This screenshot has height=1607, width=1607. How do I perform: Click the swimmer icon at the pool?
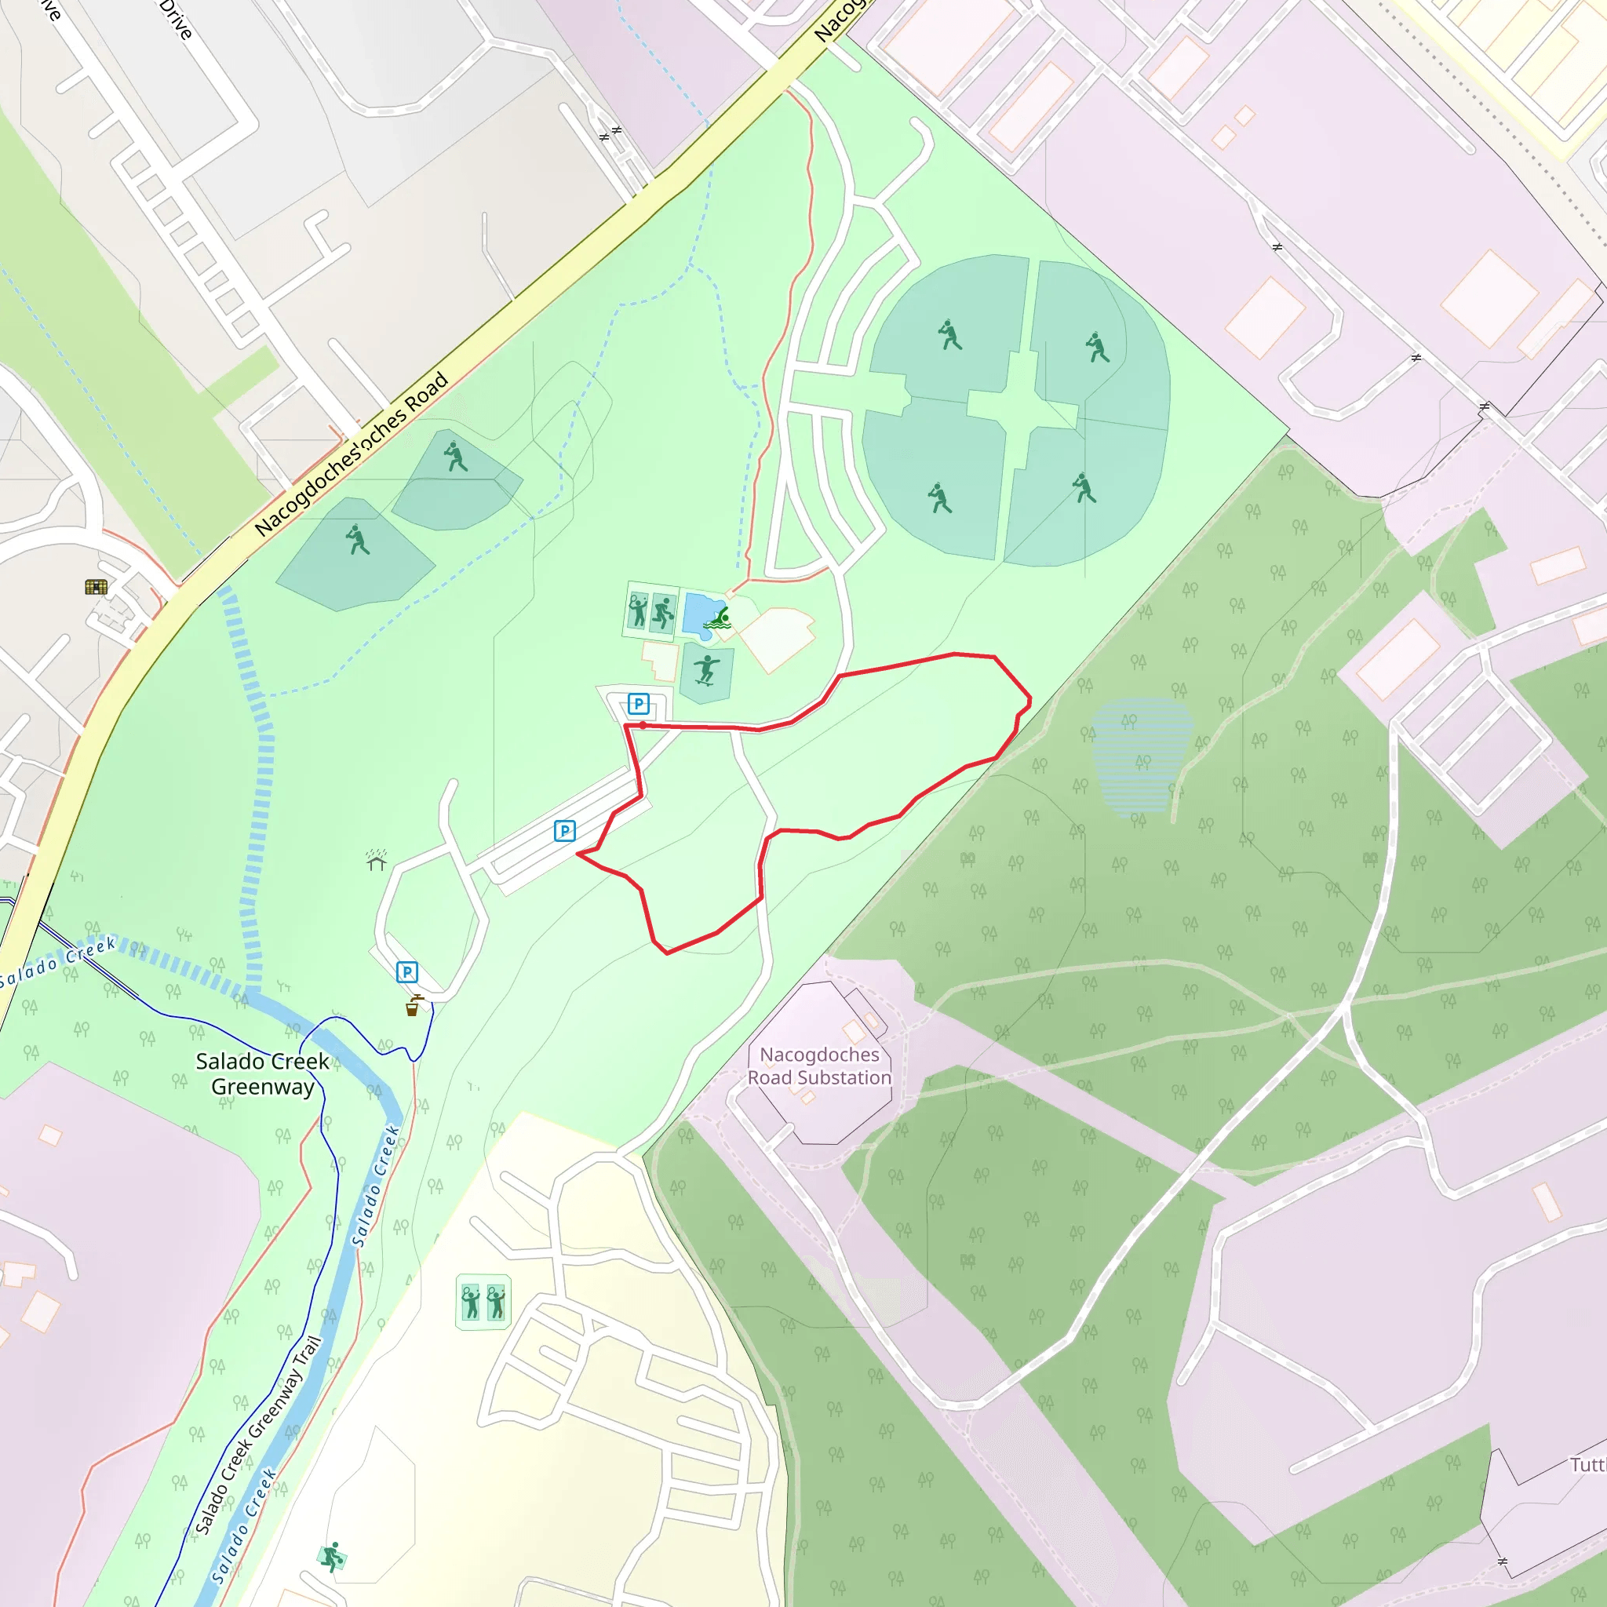(x=717, y=618)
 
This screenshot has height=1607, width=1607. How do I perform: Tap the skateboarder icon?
(x=706, y=669)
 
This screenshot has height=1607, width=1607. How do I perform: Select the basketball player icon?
(x=663, y=613)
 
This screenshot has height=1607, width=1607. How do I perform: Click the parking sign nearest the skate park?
(x=638, y=704)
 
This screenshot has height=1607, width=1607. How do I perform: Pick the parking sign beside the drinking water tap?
(x=406, y=971)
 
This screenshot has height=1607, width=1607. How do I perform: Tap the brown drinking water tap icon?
(x=413, y=1006)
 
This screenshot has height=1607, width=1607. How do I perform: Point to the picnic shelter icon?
(x=377, y=860)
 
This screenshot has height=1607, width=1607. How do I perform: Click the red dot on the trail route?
(x=643, y=725)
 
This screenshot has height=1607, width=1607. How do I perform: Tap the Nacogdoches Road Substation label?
(x=819, y=1066)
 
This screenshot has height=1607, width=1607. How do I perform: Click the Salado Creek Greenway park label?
(x=263, y=1074)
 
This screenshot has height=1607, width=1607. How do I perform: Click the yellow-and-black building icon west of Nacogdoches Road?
(x=97, y=587)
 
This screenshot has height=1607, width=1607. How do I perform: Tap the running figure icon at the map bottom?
(x=332, y=1556)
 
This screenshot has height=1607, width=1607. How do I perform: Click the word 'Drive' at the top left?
(x=177, y=18)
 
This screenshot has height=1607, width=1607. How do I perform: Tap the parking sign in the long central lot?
(x=565, y=830)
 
